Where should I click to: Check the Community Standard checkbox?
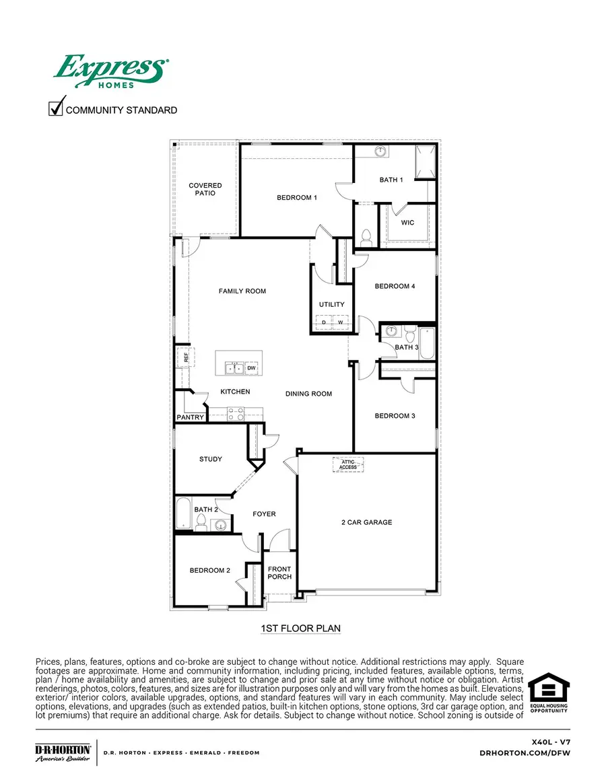(x=56, y=108)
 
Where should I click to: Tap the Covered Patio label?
(x=205, y=189)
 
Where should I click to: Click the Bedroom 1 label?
(x=297, y=198)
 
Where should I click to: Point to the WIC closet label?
(x=407, y=223)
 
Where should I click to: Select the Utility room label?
(x=332, y=305)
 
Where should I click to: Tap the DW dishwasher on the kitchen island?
(x=251, y=368)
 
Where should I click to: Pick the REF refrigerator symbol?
(x=186, y=358)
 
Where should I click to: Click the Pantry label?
(x=191, y=418)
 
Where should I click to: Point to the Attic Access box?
(x=348, y=464)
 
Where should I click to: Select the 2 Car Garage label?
(x=366, y=522)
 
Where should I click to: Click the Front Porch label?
(x=279, y=573)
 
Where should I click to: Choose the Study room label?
(x=211, y=460)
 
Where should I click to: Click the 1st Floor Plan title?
(x=300, y=629)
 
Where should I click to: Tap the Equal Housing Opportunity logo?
(x=548, y=692)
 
